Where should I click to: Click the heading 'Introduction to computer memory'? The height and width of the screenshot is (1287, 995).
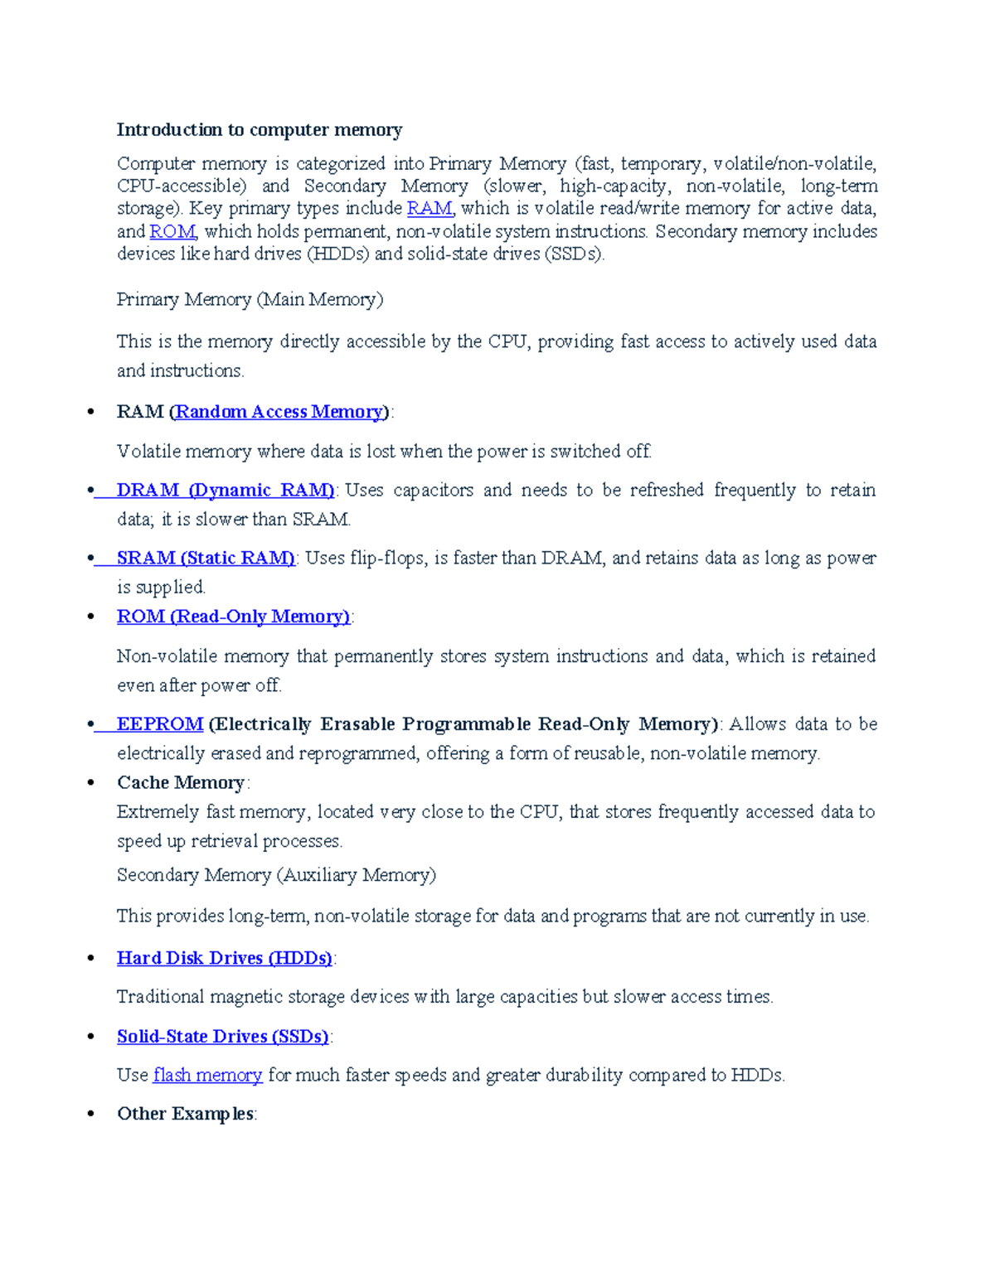(259, 130)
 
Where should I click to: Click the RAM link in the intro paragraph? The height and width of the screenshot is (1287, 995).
(430, 208)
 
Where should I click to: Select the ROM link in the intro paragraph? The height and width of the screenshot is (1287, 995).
(172, 231)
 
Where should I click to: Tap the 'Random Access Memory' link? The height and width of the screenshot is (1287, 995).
(279, 412)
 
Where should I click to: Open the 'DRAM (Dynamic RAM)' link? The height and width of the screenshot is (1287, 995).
(225, 491)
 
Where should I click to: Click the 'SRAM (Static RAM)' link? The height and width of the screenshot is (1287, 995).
(206, 559)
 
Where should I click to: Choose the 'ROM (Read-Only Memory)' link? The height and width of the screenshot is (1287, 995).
(233, 617)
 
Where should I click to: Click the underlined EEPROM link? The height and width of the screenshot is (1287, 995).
(160, 724)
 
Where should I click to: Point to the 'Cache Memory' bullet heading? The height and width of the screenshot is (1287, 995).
(181, 783)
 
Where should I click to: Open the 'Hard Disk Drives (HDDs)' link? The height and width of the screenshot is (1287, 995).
(224, 959)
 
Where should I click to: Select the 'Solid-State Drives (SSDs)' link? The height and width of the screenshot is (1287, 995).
(222, 1037)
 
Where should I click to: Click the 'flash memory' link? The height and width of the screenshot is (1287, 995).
(208, 1076)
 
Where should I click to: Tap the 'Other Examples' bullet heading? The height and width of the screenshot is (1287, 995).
(185, 1114)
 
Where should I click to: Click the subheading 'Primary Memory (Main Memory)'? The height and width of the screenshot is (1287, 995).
(250, 300)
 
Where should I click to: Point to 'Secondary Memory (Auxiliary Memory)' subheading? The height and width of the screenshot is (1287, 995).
(276, 875)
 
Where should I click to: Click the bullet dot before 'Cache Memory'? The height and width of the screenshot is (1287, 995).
(91, 783)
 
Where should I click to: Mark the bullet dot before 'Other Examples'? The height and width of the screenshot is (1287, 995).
(91, 1114)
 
